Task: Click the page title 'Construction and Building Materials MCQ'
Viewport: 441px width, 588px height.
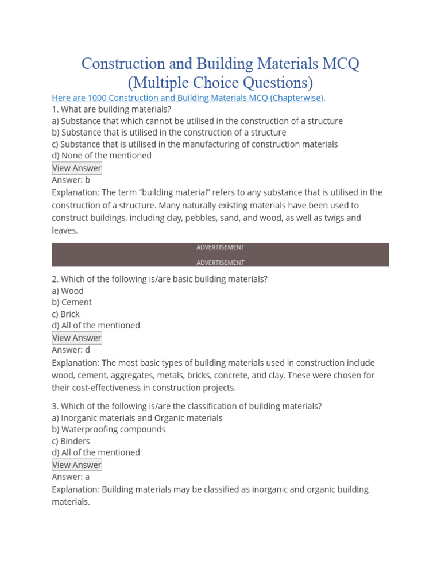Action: [x=220, y=63]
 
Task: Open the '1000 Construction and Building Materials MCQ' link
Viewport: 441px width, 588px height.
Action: [x=188, y=98]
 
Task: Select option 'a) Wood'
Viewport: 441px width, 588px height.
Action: [x=68, y=291]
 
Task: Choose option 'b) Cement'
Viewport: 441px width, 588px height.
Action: [x=72, y=302]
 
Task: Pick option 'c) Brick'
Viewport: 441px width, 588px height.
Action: [x=65, y=314]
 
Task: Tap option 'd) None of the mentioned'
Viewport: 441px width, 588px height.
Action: [x=102, y=156]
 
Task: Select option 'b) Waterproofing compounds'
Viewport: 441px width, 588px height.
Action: [x=109, y=430]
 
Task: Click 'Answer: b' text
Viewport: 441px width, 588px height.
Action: [x=71, y=180]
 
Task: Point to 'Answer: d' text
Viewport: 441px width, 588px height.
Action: [x=71, y=350]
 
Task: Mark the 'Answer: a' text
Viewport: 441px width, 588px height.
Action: [x=71, y=477]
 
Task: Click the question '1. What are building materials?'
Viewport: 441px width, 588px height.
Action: [x=111, y=109]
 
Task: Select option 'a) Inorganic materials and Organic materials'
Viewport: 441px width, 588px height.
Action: [x=137, y=418]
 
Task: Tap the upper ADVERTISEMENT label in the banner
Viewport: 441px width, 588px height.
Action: [x=220, y=247]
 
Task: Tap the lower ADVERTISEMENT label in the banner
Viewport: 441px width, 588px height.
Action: [x=220, y=262]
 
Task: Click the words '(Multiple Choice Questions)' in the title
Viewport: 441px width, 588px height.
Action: [x=220, y=82]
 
